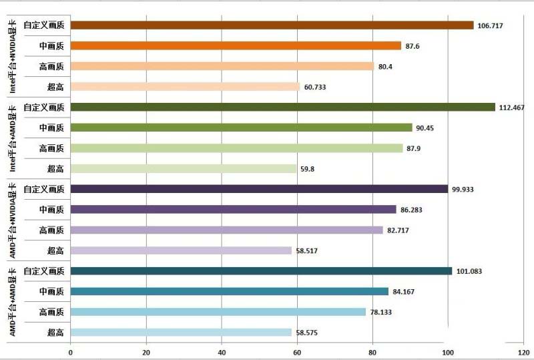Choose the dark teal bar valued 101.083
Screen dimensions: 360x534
click(261, 271)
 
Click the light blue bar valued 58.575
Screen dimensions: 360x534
click(181, 332)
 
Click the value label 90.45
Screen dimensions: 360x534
click(427, 128)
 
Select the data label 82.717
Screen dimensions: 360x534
click(400, 230)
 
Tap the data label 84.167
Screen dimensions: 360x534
click(406, 292)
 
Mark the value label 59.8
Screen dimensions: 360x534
click(308, 169)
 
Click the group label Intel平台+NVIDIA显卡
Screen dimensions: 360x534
click(13, 56)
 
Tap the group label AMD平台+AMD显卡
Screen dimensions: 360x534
click(13, 301)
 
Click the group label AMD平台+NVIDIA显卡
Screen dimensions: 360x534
click(13, 220)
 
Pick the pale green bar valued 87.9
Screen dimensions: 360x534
click(236, 148)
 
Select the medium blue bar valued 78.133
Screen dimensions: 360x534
click(218, 312)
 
